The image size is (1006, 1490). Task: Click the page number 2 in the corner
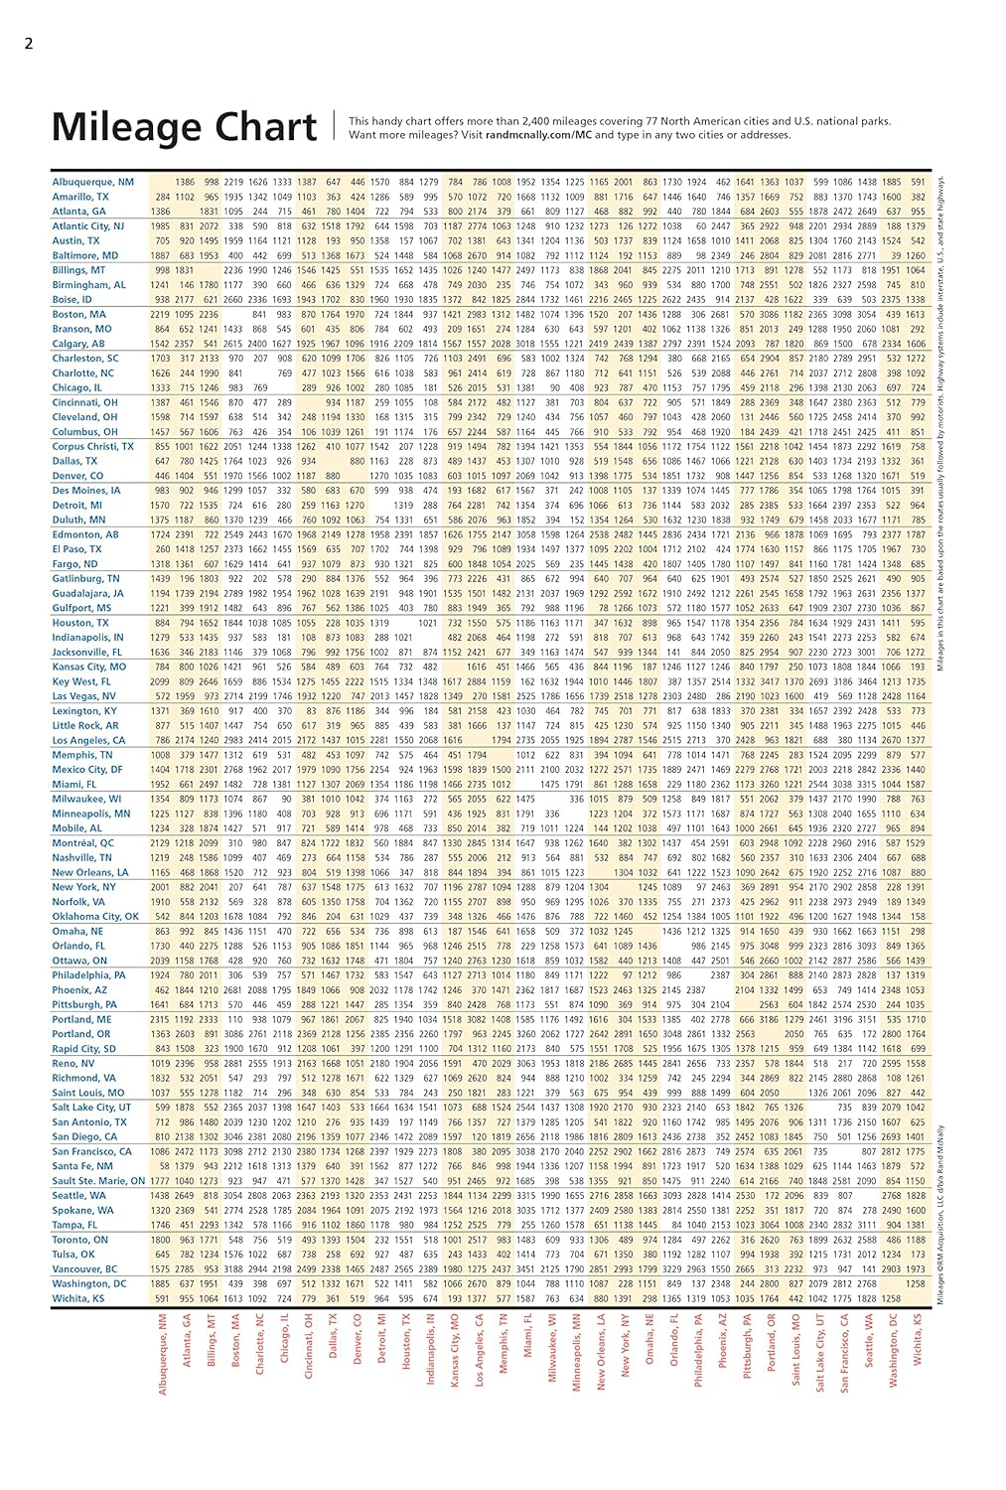pyautogui.click(x=29, y=43)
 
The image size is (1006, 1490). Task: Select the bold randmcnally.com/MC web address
pyautogui.click(x=538, y=135)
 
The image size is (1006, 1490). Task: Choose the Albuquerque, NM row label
pyautogui.click(x=92, y=182)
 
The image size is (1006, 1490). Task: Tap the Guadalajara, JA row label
pyautogui.click(x=87, y=593)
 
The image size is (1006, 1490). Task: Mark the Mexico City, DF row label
pyautogui.click(x=87, y=769)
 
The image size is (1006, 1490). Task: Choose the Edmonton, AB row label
pyautogui.click(x=84, y=534)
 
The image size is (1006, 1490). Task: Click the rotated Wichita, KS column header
pyautogui.click(x=918, y=1340)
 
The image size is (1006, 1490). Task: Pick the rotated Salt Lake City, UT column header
pyautogui.click(x=820, y=1352)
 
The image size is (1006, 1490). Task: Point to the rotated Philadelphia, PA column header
pyautogui.click(x=698, y=1350)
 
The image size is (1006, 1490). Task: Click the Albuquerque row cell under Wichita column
pyautogui.click(x=918, y=182)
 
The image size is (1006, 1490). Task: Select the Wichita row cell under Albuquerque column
pyautogui.click(x=162, y=1297)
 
